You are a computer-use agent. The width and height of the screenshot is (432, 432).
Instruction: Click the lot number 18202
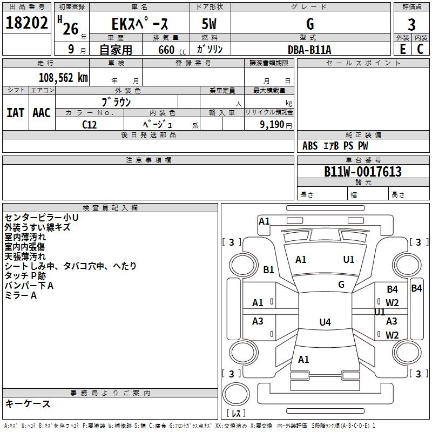tap(27, 24)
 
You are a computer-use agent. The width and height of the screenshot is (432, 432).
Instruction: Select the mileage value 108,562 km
tap(63, 77)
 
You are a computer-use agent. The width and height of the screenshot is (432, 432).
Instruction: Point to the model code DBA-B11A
tap(309, 50)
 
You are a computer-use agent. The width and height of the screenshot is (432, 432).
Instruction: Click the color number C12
tap(89, 124)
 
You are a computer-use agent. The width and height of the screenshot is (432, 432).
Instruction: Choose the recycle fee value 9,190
tap(269, 124)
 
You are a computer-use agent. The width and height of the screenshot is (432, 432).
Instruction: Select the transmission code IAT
tap(15, 112)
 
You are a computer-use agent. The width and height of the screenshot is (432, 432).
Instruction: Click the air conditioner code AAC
tap(41, 112)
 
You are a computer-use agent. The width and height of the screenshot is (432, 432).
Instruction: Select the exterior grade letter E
tap(402, 49)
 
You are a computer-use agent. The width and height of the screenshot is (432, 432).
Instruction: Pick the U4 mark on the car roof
tap(325, 322)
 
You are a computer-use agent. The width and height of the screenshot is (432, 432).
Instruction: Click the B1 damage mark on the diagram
tap(268, 270)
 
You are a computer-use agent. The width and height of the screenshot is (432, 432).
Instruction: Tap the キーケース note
tap(28, 404)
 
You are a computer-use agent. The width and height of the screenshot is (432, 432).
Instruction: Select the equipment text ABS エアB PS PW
tap(335, 146)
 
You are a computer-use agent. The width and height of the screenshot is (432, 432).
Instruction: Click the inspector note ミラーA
tap(21, 295)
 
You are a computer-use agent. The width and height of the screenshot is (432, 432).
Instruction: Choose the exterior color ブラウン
tap(116, 102)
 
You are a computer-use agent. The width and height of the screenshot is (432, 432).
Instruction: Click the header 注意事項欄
tap(148, 160)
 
